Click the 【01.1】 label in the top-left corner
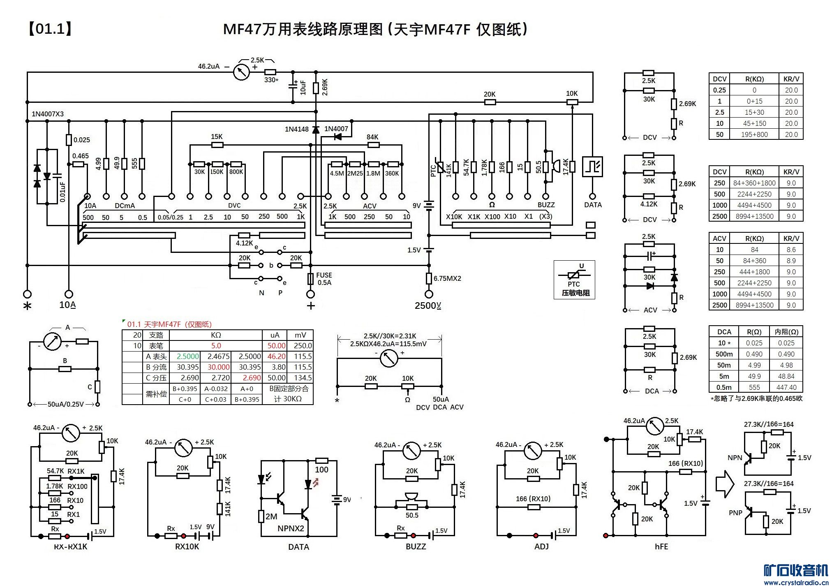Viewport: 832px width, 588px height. [x=50, y=29]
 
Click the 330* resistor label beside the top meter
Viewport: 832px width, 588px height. [x=271, y=80]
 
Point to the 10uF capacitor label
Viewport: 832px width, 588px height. [x=303, y=87]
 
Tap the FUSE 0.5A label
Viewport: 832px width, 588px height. [x=324, y=279]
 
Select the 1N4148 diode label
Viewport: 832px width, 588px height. [x=296, y=129]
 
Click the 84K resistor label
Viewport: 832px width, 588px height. [x=372, y=137]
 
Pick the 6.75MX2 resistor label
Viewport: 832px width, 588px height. [x=447, y=278]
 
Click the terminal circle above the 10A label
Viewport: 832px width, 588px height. [x=69, y=294]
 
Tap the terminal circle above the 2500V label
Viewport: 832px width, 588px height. [x=429, y=294]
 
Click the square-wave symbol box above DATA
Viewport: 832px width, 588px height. [x=592, y=167]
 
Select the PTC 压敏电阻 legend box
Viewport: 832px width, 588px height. [x=574, y=280]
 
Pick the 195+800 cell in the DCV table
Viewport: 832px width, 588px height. [x=754, y=134]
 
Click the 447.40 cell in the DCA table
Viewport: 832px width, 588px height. [x=786, y=387]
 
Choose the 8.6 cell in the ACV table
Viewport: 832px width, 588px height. [x=791, y=250]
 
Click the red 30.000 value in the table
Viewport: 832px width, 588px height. [x=218, y=367]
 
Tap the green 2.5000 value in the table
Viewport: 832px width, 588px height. [x=188, y=357]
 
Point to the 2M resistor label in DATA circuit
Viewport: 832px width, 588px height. [x=271, y=516]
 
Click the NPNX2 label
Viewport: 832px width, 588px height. [x=291, y=528]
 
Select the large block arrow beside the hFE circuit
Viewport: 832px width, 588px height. [x=725, y=484]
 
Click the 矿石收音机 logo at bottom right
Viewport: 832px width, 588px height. [x=795, y=571]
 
